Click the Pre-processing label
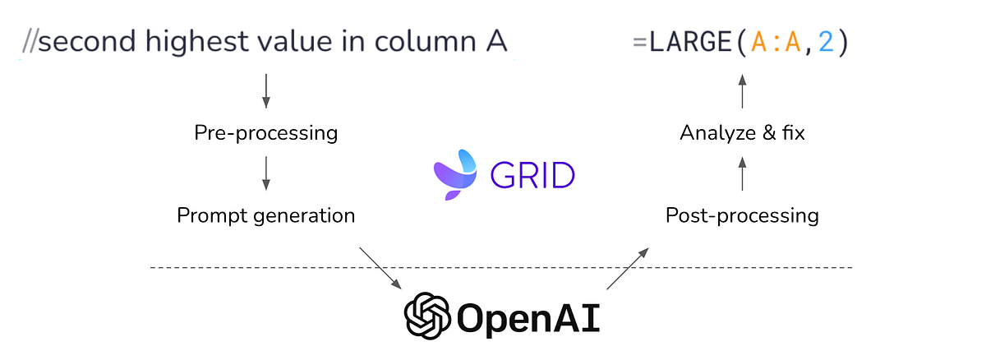pos(265,133)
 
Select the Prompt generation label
pos(265,216)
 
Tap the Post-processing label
pos(742,216)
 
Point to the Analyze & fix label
pos(742,133)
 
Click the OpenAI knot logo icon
pos(427,315)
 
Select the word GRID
pos(532,175)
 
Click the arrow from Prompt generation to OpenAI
pos(380,266)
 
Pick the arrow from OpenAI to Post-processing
pos(627,266)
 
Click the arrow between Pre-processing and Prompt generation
pos(265,174)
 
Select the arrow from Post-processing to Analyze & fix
pos(742,174)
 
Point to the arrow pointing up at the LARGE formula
pos(742,91)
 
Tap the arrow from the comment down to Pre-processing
pos(265,91)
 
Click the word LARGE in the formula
pos(687,42)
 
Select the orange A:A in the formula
pos(774,42)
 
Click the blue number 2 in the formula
pos(826,42)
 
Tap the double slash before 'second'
pos(30,42)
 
